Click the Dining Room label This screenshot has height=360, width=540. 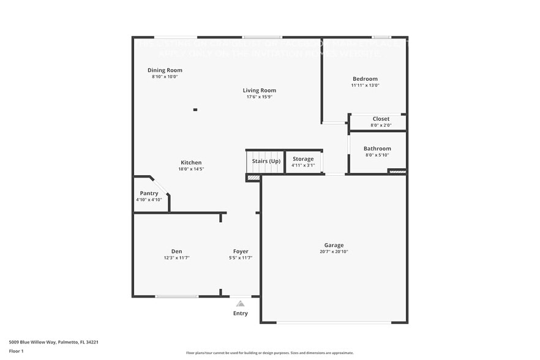point(165,70)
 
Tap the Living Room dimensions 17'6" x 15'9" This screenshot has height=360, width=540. point(259,97)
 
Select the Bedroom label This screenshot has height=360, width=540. point(365,79)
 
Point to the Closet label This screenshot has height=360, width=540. point(381,119)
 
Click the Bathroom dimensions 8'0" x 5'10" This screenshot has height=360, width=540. point(377,155)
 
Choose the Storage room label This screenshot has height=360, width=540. point(303,159)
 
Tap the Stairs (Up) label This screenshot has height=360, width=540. point(266,161)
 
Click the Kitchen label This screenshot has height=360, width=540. point(191,163)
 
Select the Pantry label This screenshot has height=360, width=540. point(149,193)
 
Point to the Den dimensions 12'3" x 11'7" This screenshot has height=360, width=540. point(176,258)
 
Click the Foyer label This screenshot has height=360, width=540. point(241,252)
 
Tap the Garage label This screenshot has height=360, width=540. point(334,246)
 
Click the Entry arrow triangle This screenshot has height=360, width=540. point(241,304)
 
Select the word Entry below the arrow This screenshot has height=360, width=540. point(241,313)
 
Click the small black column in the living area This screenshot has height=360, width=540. point(195,110)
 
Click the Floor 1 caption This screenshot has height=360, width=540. point(17,351)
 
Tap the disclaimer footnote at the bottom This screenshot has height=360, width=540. point(269,353)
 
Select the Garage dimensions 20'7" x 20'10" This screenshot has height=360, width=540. point(334,252)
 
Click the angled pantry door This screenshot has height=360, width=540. point(160,186)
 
